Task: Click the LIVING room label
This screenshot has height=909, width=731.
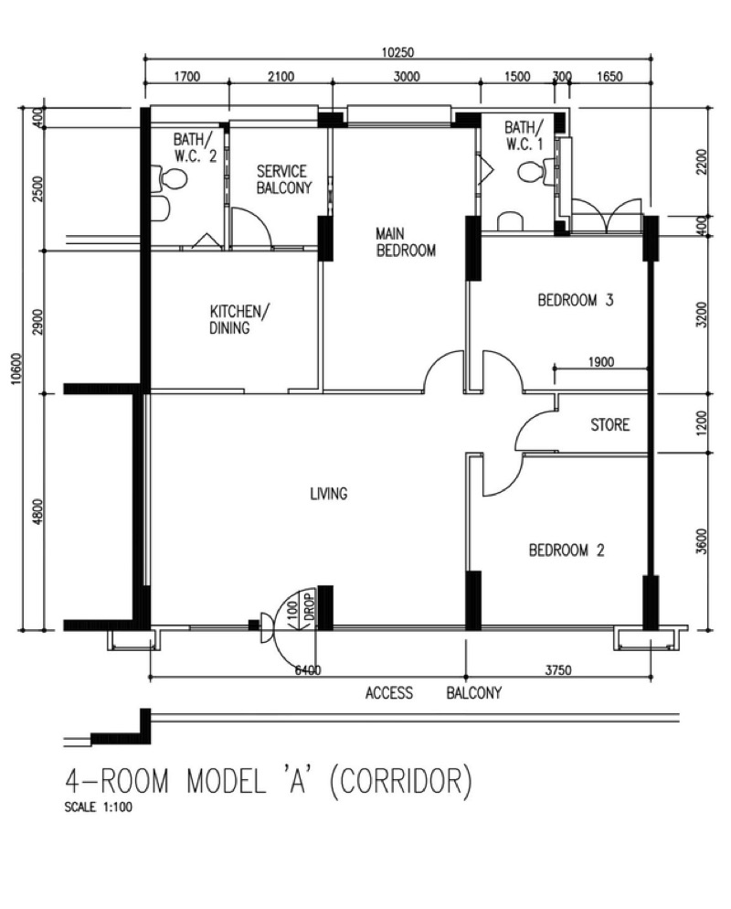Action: [328, 494]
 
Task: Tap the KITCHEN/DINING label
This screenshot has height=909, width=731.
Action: [239, 318]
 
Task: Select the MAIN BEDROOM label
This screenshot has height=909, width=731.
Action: [406, 242]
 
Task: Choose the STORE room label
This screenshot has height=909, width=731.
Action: [609, 425]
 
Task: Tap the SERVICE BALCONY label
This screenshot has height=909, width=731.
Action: [281, 180]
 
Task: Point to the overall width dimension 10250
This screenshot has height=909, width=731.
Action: [396, 52]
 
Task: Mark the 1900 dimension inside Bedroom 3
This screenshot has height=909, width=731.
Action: [600, 362]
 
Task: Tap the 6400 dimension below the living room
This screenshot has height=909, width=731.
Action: [307, 670]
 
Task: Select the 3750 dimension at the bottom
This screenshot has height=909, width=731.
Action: [557, 670]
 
